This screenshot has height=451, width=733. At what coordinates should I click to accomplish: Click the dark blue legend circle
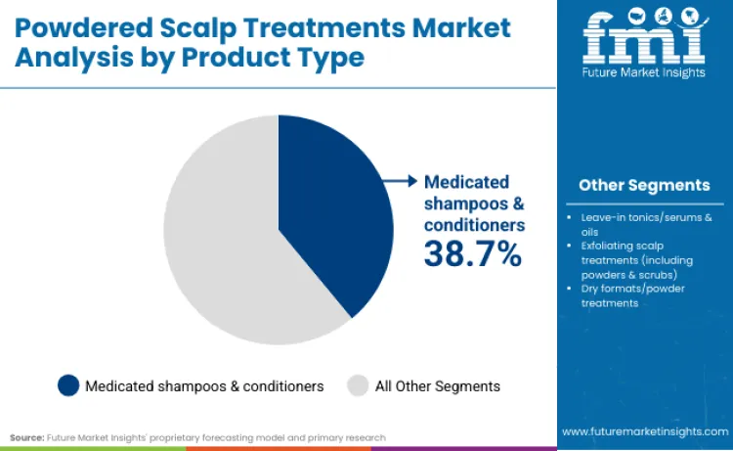[x=68, y=385]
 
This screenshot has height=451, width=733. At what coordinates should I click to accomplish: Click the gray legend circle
[x=359, y=385]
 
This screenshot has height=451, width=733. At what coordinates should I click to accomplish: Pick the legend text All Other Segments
[x=437, y=386]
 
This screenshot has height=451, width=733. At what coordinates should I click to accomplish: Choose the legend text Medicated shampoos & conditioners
[x=204, y=386]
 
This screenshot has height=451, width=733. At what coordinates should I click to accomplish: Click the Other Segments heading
[x=644, y=185]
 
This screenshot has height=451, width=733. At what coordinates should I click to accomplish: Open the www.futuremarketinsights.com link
[x=645, y=430]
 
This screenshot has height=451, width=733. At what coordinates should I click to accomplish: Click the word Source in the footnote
[x=25, y=437]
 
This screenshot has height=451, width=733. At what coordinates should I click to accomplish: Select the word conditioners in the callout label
[x=474, y=224]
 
